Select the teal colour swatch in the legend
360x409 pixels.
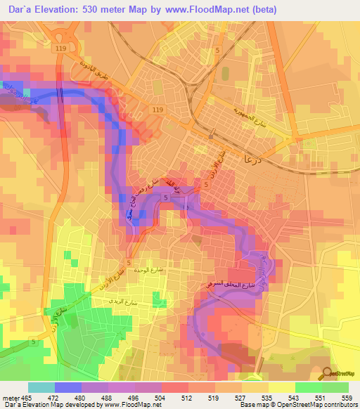coord(41,387)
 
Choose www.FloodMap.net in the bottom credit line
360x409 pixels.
coord(126,405)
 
